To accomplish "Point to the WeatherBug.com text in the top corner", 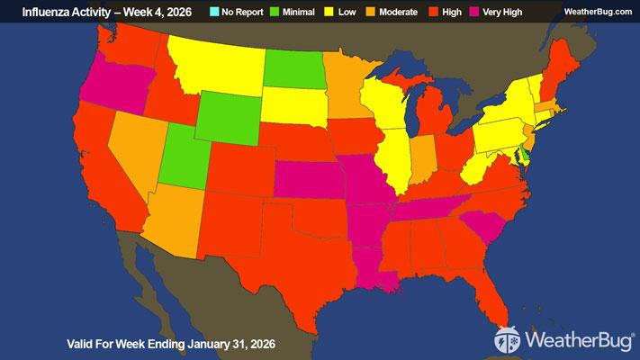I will (598, 11).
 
